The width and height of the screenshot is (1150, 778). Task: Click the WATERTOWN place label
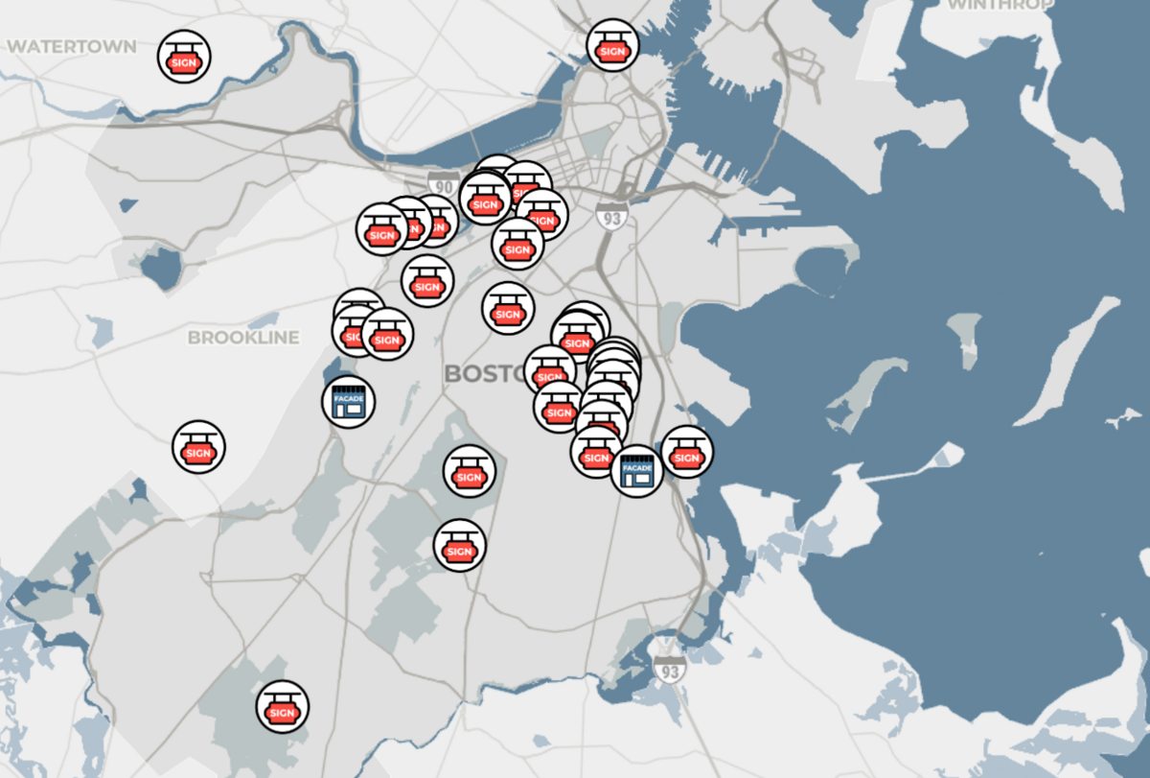72,46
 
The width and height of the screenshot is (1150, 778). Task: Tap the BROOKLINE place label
243,338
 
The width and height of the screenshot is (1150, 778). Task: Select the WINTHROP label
1001,5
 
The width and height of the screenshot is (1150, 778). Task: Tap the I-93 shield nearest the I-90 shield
609,215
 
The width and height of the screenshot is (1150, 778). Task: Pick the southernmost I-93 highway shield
668,669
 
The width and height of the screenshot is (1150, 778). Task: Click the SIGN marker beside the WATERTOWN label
184,57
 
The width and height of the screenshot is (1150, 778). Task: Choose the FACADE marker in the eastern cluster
637,470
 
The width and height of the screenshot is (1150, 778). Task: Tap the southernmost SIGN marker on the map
283,708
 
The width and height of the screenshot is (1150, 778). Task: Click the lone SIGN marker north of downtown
612,45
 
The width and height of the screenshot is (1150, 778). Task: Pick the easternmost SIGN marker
687,453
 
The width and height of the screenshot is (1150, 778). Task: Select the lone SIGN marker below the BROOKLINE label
199,447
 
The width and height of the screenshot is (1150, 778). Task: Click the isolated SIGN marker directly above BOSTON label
507,309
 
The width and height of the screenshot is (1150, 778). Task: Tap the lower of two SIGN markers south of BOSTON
460,546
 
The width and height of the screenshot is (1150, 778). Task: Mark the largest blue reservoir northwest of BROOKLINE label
160,267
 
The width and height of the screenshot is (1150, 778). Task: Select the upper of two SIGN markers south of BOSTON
470,471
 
